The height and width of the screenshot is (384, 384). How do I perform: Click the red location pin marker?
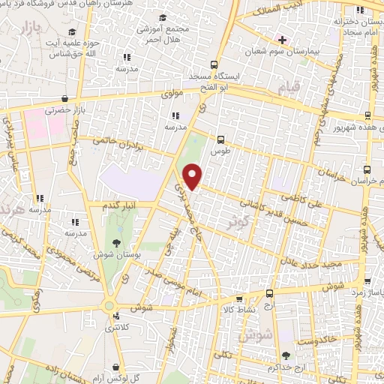click(193, 177)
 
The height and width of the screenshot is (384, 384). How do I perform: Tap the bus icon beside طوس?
click(220, 139)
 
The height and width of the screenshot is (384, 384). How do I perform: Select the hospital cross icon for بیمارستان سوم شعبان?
click(282, 39)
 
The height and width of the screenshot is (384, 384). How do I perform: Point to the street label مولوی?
click(172, 94)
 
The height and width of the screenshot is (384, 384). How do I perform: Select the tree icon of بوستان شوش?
click(115, 242)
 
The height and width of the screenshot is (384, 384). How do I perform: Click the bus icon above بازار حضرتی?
click(65, 98)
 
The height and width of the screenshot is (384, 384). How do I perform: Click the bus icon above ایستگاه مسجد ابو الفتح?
click(214, 64)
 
